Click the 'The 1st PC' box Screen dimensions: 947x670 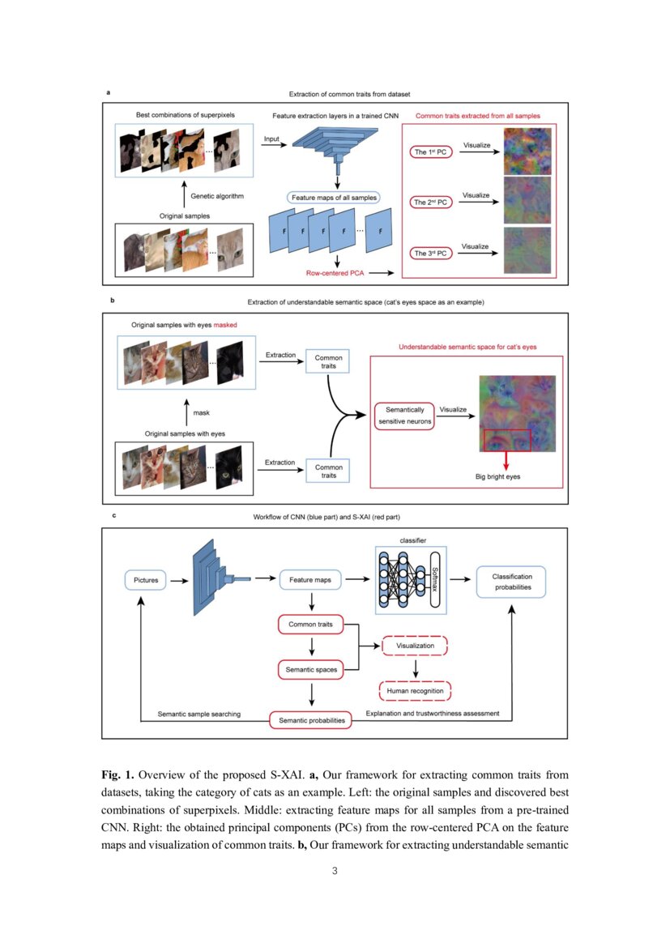(x=430, y=152)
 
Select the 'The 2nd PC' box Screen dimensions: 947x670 (x=430, y=203)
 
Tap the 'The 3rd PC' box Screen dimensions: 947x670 (x=430, y=254)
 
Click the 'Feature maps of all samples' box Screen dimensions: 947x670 (x=334, y=197)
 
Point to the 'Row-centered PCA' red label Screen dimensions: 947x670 (x=333, y=273)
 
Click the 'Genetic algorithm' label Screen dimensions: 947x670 (x=217, y=196)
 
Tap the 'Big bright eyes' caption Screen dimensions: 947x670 (x=497, y=476)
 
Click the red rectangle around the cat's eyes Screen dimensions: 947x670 (x=506, y=438)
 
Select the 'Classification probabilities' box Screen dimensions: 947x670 (x=512, y=582)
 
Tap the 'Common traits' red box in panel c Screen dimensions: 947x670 (x=310, y=625)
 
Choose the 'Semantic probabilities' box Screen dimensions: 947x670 (x=311, y=720)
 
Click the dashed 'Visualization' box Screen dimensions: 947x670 (x=415, y=646)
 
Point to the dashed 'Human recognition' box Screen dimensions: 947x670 (x=415, y=691)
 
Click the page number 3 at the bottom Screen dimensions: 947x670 (x=335, y=871)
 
